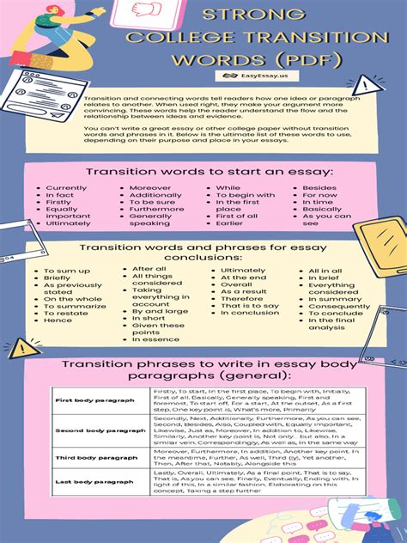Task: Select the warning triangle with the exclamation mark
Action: (x=368, y=84)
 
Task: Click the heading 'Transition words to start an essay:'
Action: (x=203, y=172)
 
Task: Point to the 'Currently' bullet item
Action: (x=66, y=187)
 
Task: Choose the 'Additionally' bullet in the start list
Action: (x=155, y=195)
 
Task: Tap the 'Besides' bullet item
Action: (x=319, y=187)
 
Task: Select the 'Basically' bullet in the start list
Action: (x=322, y=209)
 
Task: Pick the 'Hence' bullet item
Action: (x=58, y=320)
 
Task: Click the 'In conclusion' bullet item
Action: (x=250, y=313)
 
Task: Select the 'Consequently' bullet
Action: (x=339, y=306)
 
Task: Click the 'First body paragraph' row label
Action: (x=82, y=400)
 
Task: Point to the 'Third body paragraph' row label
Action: (x=83, y=458)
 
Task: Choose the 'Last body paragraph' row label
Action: (x=82, y=483)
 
